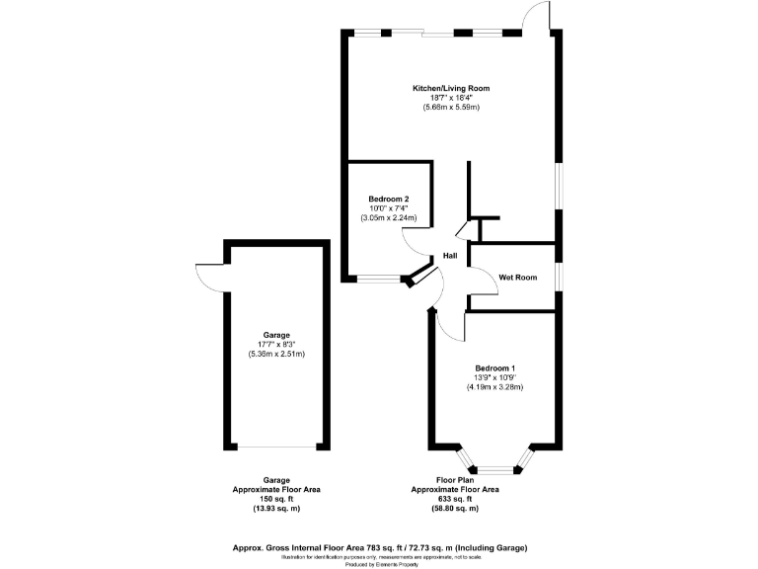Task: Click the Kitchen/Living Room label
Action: point(451,89)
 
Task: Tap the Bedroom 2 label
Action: point(389,199)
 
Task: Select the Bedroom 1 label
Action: point(494,368)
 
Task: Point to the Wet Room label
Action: point(518,278)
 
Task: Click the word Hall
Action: point(450,256)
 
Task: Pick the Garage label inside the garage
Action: point(276,335)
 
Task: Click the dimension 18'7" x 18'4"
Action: point(451,98)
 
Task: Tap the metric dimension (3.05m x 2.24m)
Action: point(389,217)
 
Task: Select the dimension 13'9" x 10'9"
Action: point(494,377)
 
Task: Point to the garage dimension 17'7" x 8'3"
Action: point(276,344)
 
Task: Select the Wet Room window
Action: point(558,277)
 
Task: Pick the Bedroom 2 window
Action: point(377,279)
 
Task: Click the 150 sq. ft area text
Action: point(275,499)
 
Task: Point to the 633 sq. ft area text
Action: point(455,499)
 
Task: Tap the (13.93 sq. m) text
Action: point(275,508)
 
